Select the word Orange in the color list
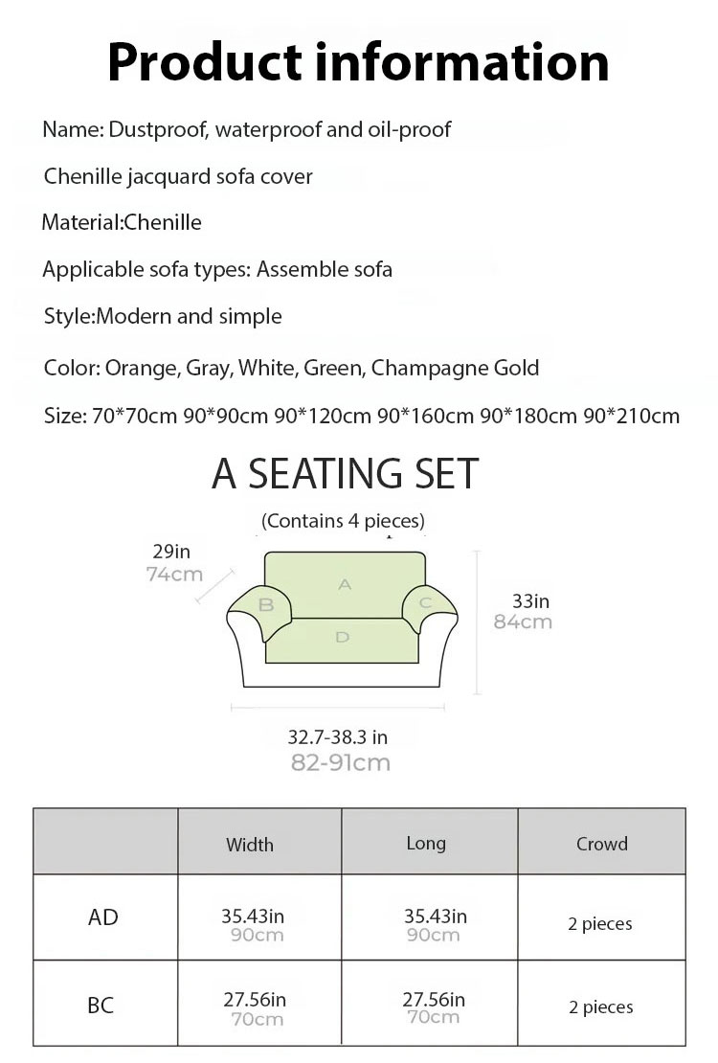tap(141, 368)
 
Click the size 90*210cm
tap(632, 416)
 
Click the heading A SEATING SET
tap(345, 474)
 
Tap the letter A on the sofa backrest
tap(346, 583)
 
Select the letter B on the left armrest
tap(267, 604)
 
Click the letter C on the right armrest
tap(426, 602)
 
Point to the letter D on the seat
tap(343, 637)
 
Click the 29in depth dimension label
tap(171, 551)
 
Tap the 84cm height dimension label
tap(523, 622)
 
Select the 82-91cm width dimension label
tap(340, 762)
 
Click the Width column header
tap(250, 844)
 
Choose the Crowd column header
tap(602, 844)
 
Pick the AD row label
tap(103, 917)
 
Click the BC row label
tap(101, 1006)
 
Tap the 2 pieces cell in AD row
tap(600, 924)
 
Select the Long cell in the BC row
tap(434, 1008)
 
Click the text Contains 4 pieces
tap(343, 521)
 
